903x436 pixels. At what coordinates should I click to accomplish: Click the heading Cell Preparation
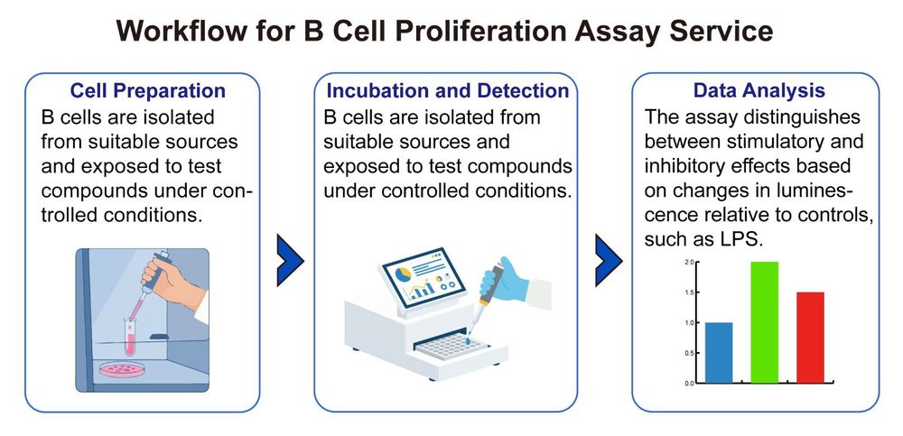tap(148, 91)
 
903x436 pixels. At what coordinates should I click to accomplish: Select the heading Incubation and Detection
tap(448, 91)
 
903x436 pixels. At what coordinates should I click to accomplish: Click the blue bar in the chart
tap(719, 352)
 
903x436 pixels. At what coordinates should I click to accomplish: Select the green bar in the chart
tap(764, 322)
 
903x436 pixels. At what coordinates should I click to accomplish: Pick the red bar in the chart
tap(810, 337)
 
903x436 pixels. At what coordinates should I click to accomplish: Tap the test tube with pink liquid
tap(131, 333)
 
